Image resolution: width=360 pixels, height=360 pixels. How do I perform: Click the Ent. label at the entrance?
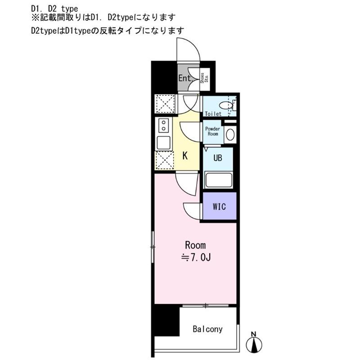185,78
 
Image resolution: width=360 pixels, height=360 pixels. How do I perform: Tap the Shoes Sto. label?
204,78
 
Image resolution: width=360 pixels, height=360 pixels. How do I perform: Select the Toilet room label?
213,114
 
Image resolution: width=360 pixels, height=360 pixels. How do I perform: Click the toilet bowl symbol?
226,106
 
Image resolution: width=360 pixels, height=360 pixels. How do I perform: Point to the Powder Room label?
212,131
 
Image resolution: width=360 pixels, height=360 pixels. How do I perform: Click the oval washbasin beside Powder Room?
230,135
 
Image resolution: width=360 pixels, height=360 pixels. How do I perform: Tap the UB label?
218,158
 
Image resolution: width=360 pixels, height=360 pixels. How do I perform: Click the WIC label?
219,207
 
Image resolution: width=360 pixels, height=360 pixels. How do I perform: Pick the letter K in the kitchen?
185,156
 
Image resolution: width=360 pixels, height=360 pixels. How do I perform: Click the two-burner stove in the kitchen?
163,126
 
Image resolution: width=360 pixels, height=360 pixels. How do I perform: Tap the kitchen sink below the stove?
164,143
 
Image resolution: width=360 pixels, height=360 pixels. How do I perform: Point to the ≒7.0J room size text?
196,257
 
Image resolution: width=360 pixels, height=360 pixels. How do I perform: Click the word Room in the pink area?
195,245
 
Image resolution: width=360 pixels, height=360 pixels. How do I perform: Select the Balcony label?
207,329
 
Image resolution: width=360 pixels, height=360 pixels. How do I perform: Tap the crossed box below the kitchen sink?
164,160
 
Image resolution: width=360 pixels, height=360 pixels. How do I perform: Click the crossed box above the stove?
165,104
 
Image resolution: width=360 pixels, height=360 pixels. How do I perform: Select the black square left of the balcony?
166,321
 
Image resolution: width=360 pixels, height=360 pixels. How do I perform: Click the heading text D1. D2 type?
54,9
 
